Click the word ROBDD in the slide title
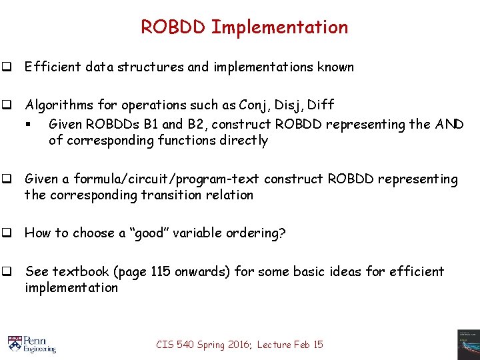(173, 27)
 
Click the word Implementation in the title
(279, 27)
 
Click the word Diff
(321, 105)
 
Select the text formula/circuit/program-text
(167, 179)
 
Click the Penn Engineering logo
(31, 343)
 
